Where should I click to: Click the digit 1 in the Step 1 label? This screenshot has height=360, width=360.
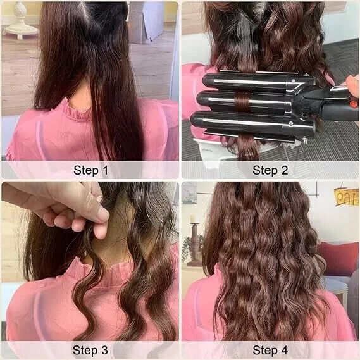tap(105, 170)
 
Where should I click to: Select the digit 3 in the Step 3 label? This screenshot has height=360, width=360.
tap(104, 350)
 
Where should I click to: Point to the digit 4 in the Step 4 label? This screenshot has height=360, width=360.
tap(284, 350)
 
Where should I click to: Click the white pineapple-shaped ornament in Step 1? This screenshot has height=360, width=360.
tap(21, 20)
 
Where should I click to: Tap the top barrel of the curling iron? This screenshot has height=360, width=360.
tap(257, 82)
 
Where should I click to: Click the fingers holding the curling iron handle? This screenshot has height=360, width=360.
tap(352, 84)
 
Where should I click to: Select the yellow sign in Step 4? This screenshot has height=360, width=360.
tap(347, 197)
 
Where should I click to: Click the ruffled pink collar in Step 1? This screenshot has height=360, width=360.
tap(76, 109)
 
